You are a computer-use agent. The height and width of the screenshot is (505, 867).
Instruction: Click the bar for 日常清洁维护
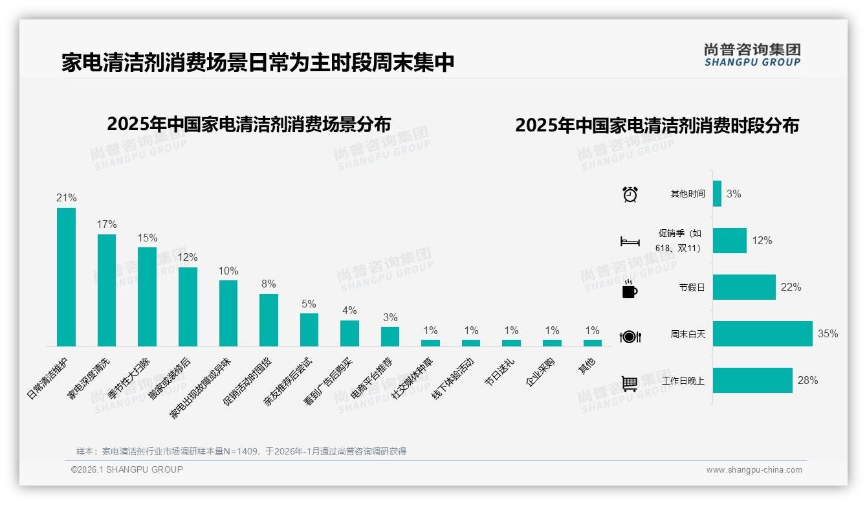[66, 277]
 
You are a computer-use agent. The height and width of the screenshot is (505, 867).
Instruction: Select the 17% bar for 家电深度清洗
[107, 290]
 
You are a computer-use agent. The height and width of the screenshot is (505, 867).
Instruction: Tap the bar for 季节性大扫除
[147, 297]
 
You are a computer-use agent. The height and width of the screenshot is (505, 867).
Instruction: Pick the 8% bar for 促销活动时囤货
[269, 320]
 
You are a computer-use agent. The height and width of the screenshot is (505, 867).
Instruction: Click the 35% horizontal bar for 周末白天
[762, 334]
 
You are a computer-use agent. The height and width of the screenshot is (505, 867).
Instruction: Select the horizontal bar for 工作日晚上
[752, 381]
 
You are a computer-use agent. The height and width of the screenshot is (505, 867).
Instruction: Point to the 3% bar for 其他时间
[717, 194]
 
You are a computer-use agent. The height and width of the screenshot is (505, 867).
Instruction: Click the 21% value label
[66, 198]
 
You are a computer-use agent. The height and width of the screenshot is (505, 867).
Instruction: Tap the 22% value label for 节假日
[791, 287]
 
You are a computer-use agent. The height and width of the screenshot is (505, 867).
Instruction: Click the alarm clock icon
[630, 194]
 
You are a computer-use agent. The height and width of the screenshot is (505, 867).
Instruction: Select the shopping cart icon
[630, 383]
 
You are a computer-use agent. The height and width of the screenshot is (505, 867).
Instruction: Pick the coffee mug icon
[630, 289]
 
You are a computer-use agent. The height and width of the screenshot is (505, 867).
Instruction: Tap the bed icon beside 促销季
[630, 241]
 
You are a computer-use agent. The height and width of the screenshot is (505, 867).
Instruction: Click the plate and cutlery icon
[630, 336]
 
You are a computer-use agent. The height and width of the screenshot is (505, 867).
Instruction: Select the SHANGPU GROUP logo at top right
[752, 55]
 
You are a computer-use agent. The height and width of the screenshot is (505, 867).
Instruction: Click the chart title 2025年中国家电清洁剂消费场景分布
[249, 124]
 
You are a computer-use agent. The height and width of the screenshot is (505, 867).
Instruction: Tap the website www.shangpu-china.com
[754, 470]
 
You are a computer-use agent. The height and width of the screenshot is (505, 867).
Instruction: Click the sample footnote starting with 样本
[241, 451]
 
